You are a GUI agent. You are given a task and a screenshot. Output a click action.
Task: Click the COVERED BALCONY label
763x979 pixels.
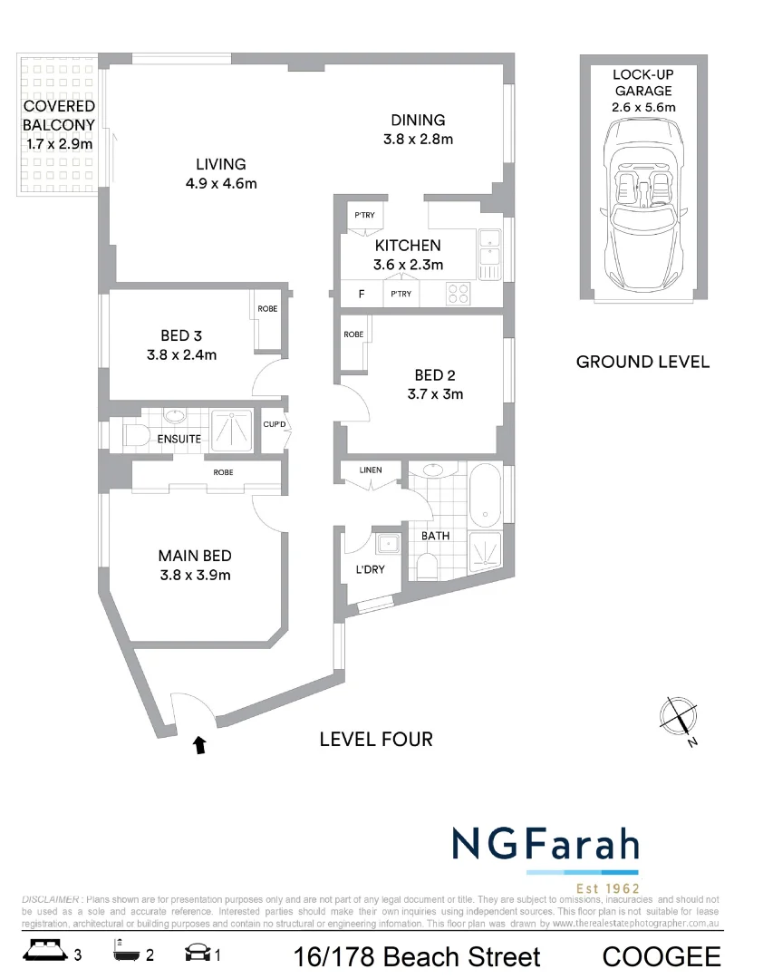(x=59, y=115)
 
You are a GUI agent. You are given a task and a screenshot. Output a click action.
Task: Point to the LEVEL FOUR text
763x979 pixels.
(x=376, y=740)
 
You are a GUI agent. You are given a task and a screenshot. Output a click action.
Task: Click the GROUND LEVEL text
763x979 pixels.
(x=642, y=362)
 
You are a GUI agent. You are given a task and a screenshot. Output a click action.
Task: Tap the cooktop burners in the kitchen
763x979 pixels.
(x=459, y=293)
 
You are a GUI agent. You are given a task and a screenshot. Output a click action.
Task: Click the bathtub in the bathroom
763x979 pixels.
(x=485, y=496)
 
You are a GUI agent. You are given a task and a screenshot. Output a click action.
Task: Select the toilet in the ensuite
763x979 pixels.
(x=134, y=435)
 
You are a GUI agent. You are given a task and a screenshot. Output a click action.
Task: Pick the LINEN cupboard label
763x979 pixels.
(x=371, y=470)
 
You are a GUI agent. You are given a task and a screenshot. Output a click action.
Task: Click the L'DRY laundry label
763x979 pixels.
(x=368, y=570)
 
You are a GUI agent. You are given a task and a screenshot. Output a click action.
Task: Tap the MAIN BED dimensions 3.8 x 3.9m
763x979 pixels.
(x=194, y=575)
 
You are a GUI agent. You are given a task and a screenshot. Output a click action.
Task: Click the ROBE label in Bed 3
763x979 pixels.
(x=267, y=309)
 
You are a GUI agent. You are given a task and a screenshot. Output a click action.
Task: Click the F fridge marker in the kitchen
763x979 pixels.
(x=362, y=294)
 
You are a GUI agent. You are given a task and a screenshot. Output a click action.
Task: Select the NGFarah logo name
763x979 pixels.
(x=546, y=844)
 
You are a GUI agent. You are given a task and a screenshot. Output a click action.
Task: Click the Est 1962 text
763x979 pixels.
(x=608, y=887)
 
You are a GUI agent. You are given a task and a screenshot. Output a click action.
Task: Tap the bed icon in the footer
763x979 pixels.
(x=44, y=954)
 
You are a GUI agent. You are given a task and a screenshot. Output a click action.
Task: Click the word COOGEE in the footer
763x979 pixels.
(x=662, y=956)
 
